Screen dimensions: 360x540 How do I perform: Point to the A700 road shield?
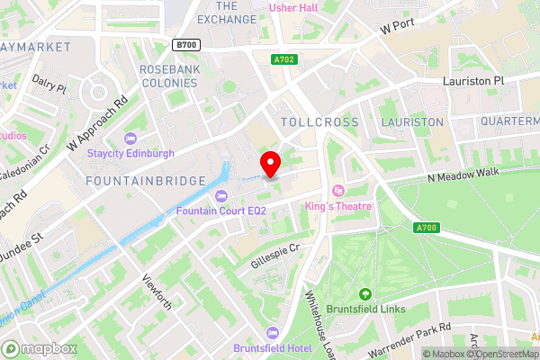click(426, 228)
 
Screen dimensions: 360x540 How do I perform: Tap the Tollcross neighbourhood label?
click(319, 121)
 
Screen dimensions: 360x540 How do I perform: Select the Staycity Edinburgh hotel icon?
click(130, 139)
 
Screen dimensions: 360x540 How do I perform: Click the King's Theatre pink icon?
click(338, 191)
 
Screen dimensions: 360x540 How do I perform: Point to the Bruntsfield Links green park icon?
click(365, 294)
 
